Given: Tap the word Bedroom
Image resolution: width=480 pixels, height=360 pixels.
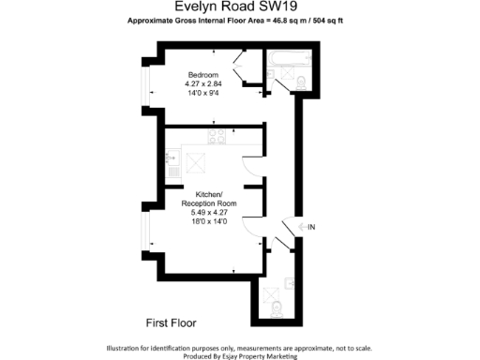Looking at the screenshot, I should pyautogui.click(x=202, y=75).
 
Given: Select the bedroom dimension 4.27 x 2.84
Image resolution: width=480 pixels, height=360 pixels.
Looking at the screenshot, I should pyautogui.click(x=202, y=84).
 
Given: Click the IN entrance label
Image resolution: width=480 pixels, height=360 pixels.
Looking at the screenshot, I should pyautogui.click(x=312, y=226).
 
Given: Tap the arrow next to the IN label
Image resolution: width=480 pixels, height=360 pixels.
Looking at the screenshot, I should pyautogui.click(x=300, y=226).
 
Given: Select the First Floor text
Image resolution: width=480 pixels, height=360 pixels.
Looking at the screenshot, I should pyautogui.click(x=171, y=322).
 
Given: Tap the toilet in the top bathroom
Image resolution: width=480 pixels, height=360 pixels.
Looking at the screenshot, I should pyautogui.click(x=300, y=84).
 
